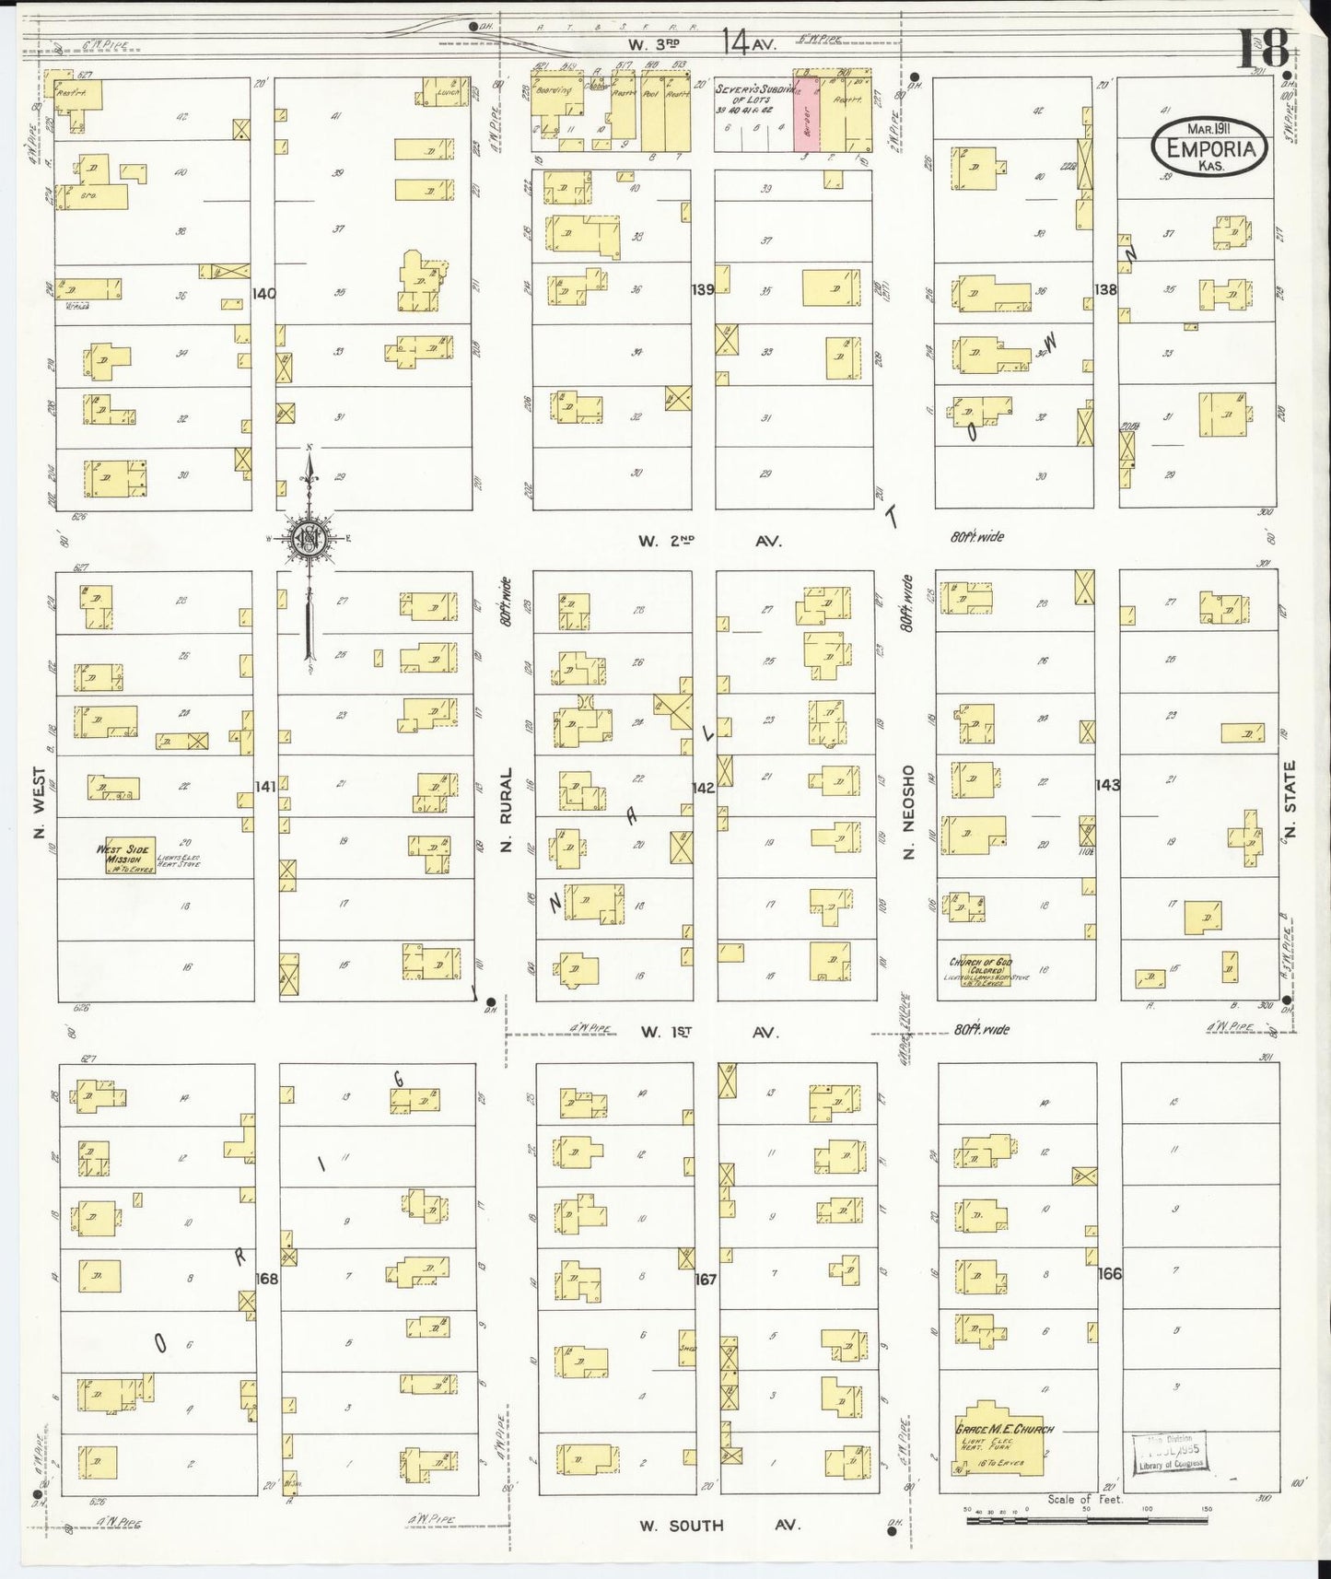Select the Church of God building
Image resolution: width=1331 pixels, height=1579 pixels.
(980, 968)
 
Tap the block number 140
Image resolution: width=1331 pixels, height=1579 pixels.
(263, 294)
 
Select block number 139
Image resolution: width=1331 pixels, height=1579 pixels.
(703, 290)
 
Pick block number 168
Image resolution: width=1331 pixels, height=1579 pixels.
(266, 1279)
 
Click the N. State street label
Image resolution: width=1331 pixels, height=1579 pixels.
(1289, 799)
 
